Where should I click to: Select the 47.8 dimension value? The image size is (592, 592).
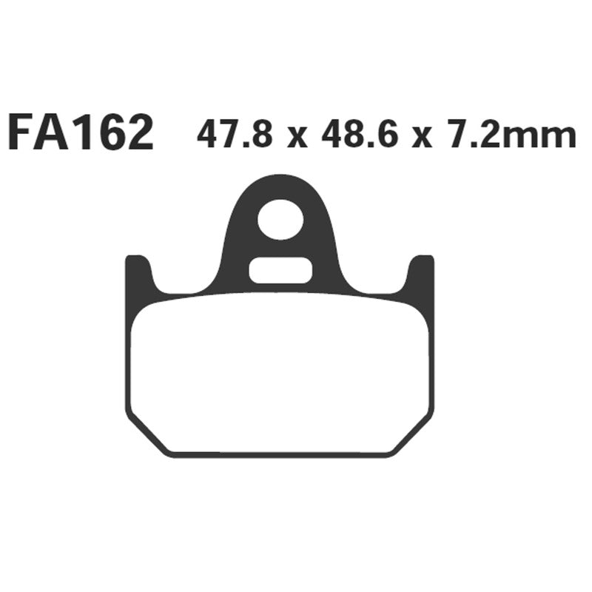[235, 135]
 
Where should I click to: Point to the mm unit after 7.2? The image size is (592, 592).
[548, 138]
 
